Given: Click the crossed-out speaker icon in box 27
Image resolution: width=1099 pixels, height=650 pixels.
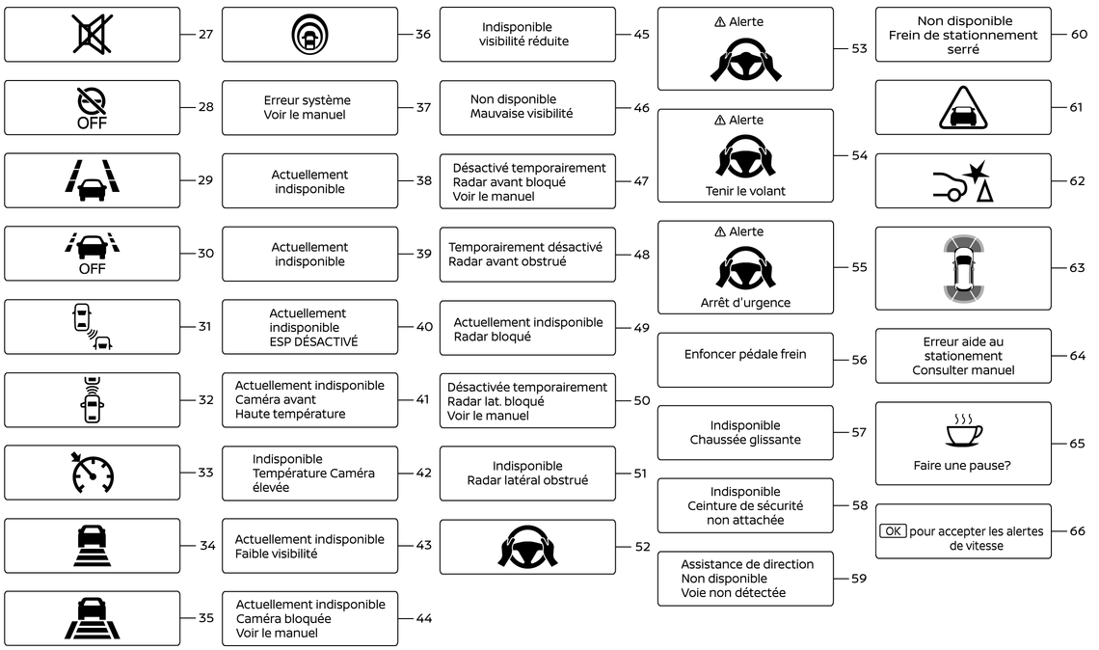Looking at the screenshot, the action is click(x=92, y=34).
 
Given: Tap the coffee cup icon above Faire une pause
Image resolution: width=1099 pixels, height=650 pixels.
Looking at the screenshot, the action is click(x=963, y=430).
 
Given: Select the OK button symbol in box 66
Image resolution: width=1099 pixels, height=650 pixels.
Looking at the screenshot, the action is click(x=893, y=530).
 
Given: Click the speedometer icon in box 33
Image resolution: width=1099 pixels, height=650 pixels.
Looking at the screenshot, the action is click(x=92, y=473).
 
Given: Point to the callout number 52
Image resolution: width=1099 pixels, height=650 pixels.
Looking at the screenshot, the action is click(x=642, y=546).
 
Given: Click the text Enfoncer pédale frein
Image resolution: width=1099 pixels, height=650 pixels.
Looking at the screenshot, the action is click(x=745, y=354).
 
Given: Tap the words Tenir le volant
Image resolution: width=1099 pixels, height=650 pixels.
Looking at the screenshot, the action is click(x=745, y=191).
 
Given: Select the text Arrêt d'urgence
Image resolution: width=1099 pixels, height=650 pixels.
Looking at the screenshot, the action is click(x=745, y=302).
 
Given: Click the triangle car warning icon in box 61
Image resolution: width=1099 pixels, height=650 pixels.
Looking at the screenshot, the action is click(x=963, y=108).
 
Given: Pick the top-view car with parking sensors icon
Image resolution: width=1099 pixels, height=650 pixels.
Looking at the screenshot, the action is click(x=963, y=268).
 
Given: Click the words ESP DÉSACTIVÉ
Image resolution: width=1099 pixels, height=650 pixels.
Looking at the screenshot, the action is click(x=313, y=341).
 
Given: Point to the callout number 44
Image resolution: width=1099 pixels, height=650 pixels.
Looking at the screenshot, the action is click(x=423, y=618).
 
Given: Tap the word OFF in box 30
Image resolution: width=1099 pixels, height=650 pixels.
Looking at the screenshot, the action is click(x=92, y=268).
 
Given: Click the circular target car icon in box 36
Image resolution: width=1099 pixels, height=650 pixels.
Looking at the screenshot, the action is click(x=309, y=35).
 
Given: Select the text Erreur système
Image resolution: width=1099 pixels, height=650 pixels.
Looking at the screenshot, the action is click(x=307, y=100).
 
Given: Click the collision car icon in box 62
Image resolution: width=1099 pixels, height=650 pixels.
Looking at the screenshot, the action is click(x=963, y=181).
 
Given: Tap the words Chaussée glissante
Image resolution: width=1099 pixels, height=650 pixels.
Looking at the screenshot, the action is click(x=745, y=440).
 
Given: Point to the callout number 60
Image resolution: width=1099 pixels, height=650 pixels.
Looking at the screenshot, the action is click(x=1079, y=34).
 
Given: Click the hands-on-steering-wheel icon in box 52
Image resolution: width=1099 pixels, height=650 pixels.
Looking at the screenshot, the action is click(x=527, y=546).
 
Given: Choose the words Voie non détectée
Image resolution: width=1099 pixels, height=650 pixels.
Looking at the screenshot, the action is click(x=733, y=592).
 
